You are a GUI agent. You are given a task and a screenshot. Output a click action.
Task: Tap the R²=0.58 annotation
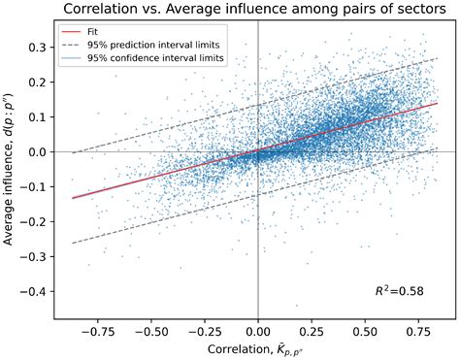402,290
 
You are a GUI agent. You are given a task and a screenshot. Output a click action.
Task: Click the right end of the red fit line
438,103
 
